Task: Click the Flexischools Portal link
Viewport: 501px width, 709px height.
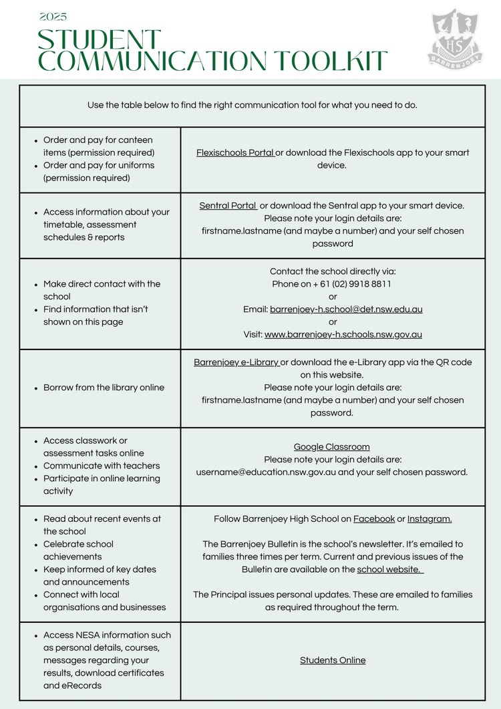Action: coord(235,153)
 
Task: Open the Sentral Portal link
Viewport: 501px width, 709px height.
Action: coord(228,206)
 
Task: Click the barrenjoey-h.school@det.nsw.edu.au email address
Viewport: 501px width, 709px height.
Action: coord(346,309)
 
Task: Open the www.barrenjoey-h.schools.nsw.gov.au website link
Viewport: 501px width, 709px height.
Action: coord(343,334)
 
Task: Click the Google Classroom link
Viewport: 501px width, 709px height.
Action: coord(332,447)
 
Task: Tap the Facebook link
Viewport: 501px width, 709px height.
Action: coord(374,519)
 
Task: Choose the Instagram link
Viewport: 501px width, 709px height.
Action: coord(430,519)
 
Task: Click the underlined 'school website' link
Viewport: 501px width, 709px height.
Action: coord(390,569)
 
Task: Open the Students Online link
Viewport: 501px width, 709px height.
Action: coord(333,660)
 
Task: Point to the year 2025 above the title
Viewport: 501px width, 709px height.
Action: coord(53,17)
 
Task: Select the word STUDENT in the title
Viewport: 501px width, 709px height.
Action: coord(100,39)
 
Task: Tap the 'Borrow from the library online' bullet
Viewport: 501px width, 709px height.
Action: coord(104,388)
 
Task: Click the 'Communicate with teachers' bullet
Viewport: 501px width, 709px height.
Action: coord(102,466)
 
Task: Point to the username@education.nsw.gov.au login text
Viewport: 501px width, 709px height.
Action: coord(267,472)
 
